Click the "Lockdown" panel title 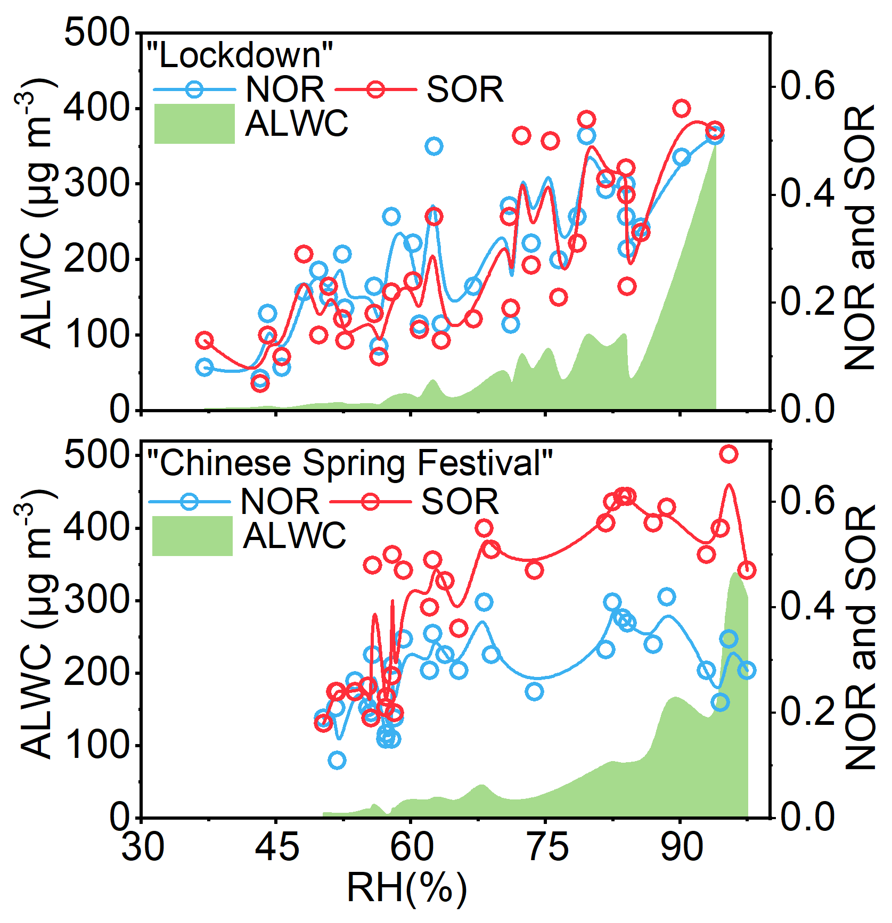pos(240,55)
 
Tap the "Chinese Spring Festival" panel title pos(349,462)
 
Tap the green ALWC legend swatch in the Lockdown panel pos(194,124)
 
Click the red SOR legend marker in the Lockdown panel pos(375,89)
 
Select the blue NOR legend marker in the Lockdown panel pos(194,89)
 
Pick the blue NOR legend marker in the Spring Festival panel pos(190,502)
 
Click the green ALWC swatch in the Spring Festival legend pos(192,536)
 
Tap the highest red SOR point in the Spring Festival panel pos(729,454)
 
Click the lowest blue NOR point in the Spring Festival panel pos(337,760)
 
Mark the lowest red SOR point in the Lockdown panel pos(260,382)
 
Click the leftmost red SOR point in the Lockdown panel pos(204,340)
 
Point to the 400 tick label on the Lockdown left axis pos(96,108)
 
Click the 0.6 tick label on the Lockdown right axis pos(807,86)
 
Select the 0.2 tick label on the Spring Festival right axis pos(807,712)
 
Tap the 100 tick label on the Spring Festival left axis pos(96,745)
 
